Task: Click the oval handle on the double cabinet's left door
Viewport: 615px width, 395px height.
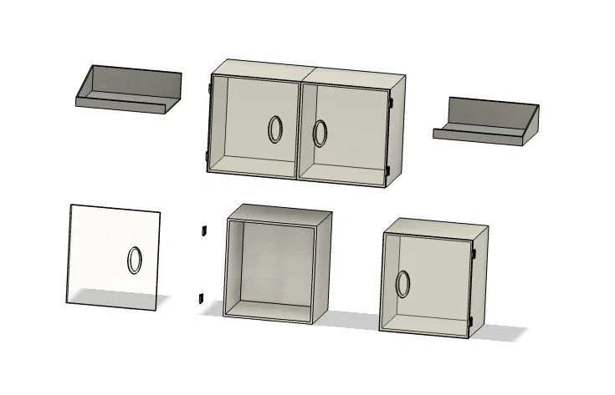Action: click(x=275, y=129)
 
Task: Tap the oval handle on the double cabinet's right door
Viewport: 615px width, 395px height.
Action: click(x=320, y=133)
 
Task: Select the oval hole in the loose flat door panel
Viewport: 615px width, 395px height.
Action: click(x=134, y=261)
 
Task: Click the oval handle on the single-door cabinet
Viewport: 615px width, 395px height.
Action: click(x=403, y=282)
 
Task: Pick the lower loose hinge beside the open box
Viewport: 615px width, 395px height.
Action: click(x=201, y=296)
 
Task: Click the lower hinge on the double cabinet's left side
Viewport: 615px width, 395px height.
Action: click(x=208, y=159)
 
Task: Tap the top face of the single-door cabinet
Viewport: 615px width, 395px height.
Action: click(x=435, y=227)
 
